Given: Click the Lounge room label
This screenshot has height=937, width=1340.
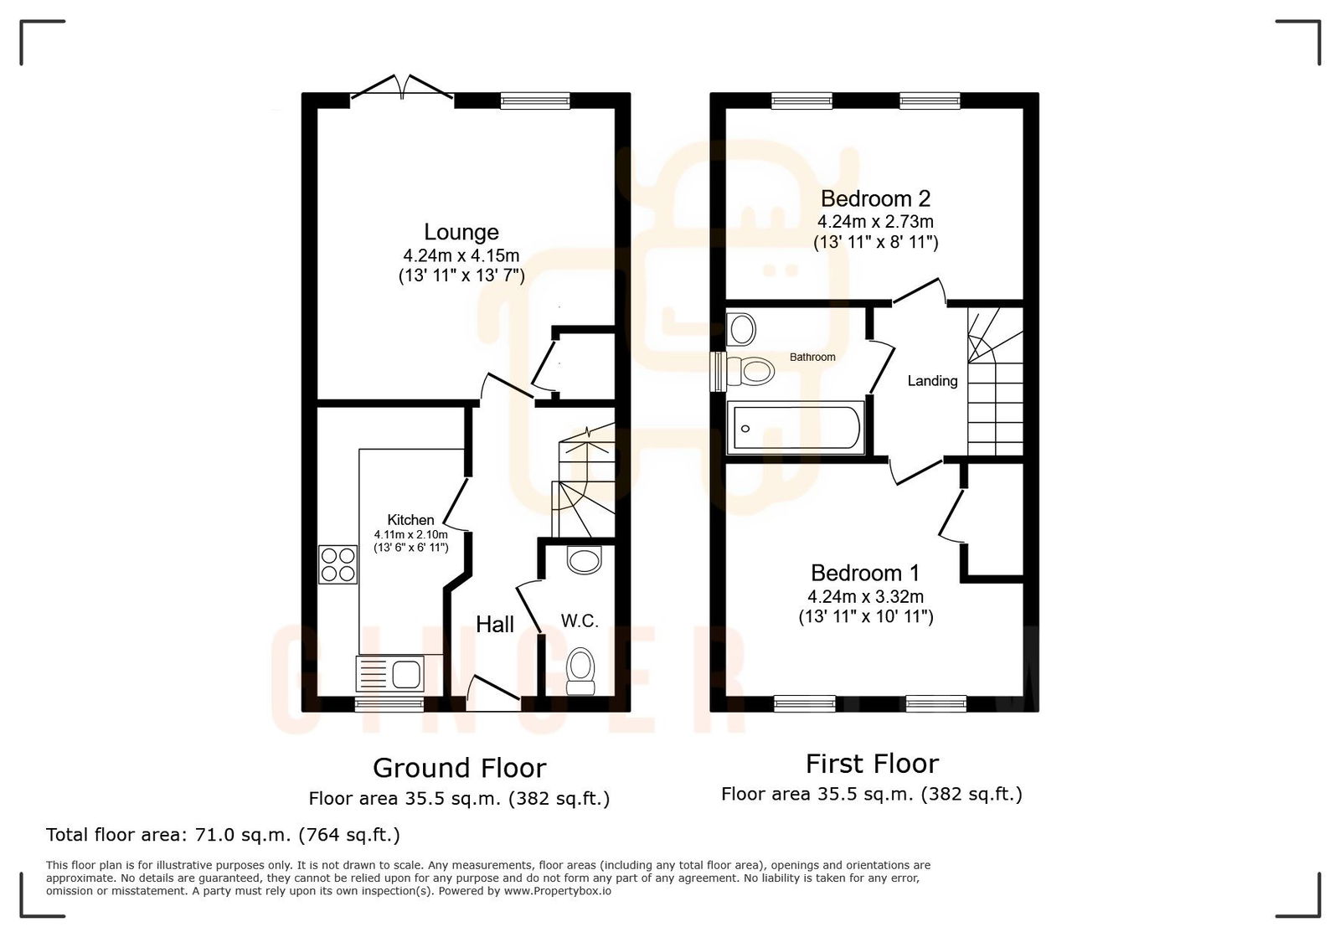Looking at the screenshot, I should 461,232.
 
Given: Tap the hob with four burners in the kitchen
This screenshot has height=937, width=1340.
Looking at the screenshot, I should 338,564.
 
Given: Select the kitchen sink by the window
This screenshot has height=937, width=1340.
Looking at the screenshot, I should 390,673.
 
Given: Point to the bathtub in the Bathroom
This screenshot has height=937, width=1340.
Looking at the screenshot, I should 795,429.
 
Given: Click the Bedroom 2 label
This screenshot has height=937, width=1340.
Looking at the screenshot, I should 875,198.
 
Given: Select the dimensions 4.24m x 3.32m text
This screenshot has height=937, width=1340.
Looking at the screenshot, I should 865,597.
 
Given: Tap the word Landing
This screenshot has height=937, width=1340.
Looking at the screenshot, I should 932,381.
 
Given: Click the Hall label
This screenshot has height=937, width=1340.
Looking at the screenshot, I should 495,624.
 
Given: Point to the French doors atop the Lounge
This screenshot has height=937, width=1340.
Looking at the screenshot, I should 403,89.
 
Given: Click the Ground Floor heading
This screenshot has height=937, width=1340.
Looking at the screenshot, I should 459,768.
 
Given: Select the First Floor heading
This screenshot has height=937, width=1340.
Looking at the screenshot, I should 872,764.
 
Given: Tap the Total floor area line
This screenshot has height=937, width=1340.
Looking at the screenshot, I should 223,835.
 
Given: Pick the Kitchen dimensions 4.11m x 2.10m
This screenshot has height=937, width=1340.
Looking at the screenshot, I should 410,534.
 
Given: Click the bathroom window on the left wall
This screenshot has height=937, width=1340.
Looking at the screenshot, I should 717,371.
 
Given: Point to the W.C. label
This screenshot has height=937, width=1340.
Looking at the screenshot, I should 580,621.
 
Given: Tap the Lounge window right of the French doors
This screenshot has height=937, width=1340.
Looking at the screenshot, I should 534,100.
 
